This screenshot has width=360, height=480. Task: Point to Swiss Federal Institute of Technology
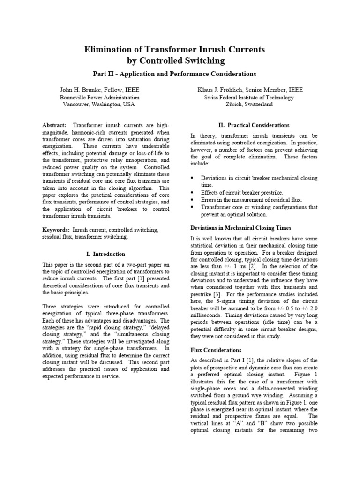[248, 97]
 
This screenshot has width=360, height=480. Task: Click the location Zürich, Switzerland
[248, 105]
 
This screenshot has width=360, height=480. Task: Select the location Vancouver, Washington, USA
[99, 105]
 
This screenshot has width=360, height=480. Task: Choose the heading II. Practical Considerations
[254, 125]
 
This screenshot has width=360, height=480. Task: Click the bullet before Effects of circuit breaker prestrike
[193, 192]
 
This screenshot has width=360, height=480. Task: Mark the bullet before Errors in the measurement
[193, 199]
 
